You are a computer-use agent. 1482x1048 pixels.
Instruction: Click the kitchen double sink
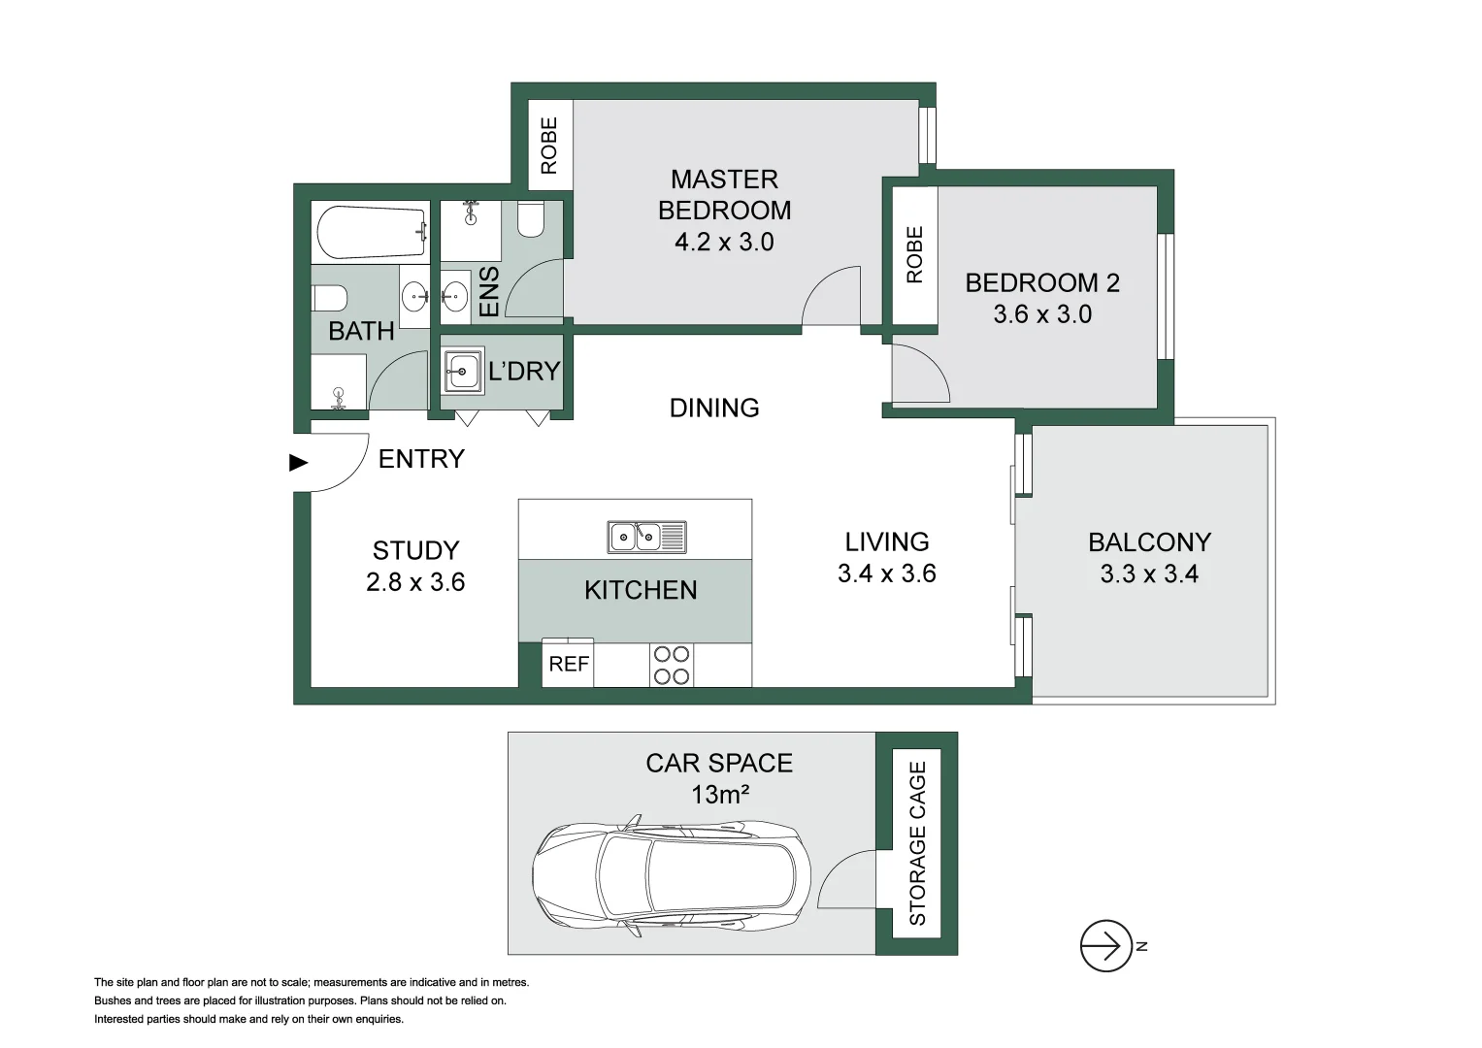coord(646,537)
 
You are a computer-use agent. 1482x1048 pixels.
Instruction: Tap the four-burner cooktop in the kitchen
coord(672,665)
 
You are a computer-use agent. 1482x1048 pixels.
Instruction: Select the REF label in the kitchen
coord(569,664)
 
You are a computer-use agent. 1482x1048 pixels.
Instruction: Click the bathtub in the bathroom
coord(372,231)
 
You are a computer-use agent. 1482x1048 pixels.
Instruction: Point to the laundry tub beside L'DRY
coord(463,371)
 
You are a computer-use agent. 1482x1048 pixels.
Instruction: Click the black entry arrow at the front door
coord(298,463)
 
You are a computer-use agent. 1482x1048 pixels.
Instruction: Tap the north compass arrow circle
coord(1105,945)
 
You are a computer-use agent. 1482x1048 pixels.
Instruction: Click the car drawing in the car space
coord(672,876)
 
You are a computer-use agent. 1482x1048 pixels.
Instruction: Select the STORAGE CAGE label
coord(917,842)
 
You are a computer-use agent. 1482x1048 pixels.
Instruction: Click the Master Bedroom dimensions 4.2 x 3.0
coord(724,242)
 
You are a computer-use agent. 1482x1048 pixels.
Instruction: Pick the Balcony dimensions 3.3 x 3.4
coord(1148,574)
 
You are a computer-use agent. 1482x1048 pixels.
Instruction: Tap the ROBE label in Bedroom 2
coord(914,254)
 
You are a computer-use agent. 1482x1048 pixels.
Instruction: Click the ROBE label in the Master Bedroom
coord(549,145)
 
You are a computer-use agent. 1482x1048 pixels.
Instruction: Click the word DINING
coord(714,408)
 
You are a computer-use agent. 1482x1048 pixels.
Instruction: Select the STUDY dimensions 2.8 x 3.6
coord(415,582)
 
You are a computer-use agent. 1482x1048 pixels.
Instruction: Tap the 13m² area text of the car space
coord(719,795)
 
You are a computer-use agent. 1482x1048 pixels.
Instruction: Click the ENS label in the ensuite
coord(489,291)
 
